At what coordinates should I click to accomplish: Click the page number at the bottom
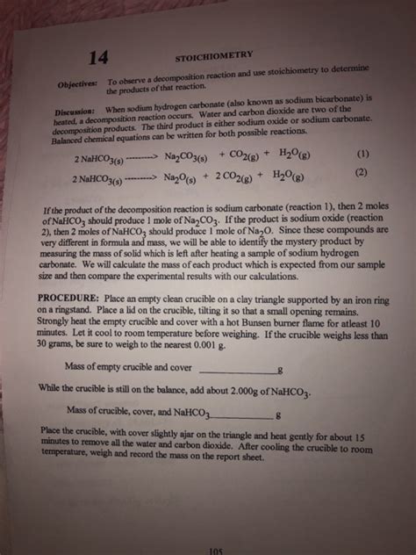tap(217, 551)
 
